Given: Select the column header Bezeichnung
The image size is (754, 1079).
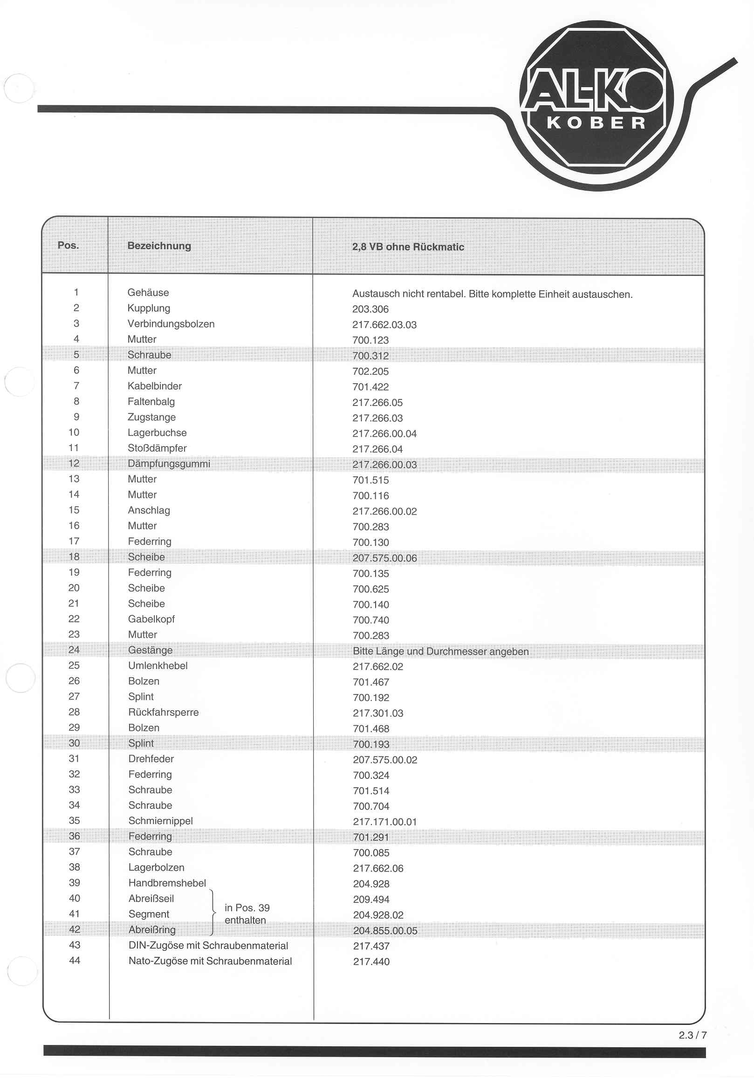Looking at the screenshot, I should pos(159,246).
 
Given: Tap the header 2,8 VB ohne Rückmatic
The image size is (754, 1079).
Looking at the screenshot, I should pos(408,247).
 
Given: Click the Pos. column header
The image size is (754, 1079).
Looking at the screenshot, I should pos(68,245).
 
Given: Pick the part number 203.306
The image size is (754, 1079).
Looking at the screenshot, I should pos(370,309).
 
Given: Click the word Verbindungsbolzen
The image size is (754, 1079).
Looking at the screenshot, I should pos(171,324).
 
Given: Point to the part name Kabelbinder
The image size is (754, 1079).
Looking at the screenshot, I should pos(155,386).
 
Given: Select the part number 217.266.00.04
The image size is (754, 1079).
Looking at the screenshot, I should pos(384,433).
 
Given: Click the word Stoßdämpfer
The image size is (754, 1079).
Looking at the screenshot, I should pos(157,448).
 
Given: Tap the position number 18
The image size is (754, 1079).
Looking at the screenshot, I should pos(74,557).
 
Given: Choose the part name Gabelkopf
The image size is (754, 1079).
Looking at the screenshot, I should pos(151,619).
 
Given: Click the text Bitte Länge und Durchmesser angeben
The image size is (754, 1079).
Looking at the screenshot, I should pos(441,651).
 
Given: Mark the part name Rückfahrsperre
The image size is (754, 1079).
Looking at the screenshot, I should pos(164,712).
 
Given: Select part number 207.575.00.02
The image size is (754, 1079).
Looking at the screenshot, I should pos(385,760).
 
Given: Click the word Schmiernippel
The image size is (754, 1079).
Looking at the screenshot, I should pos(161,820).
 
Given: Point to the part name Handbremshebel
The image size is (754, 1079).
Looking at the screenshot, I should pos(167,883).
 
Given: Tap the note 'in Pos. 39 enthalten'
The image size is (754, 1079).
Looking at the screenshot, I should pos(247,914).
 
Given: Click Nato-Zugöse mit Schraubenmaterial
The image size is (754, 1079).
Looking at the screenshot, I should pos(210,961).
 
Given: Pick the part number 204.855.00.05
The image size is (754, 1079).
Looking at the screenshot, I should pos(385,930).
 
